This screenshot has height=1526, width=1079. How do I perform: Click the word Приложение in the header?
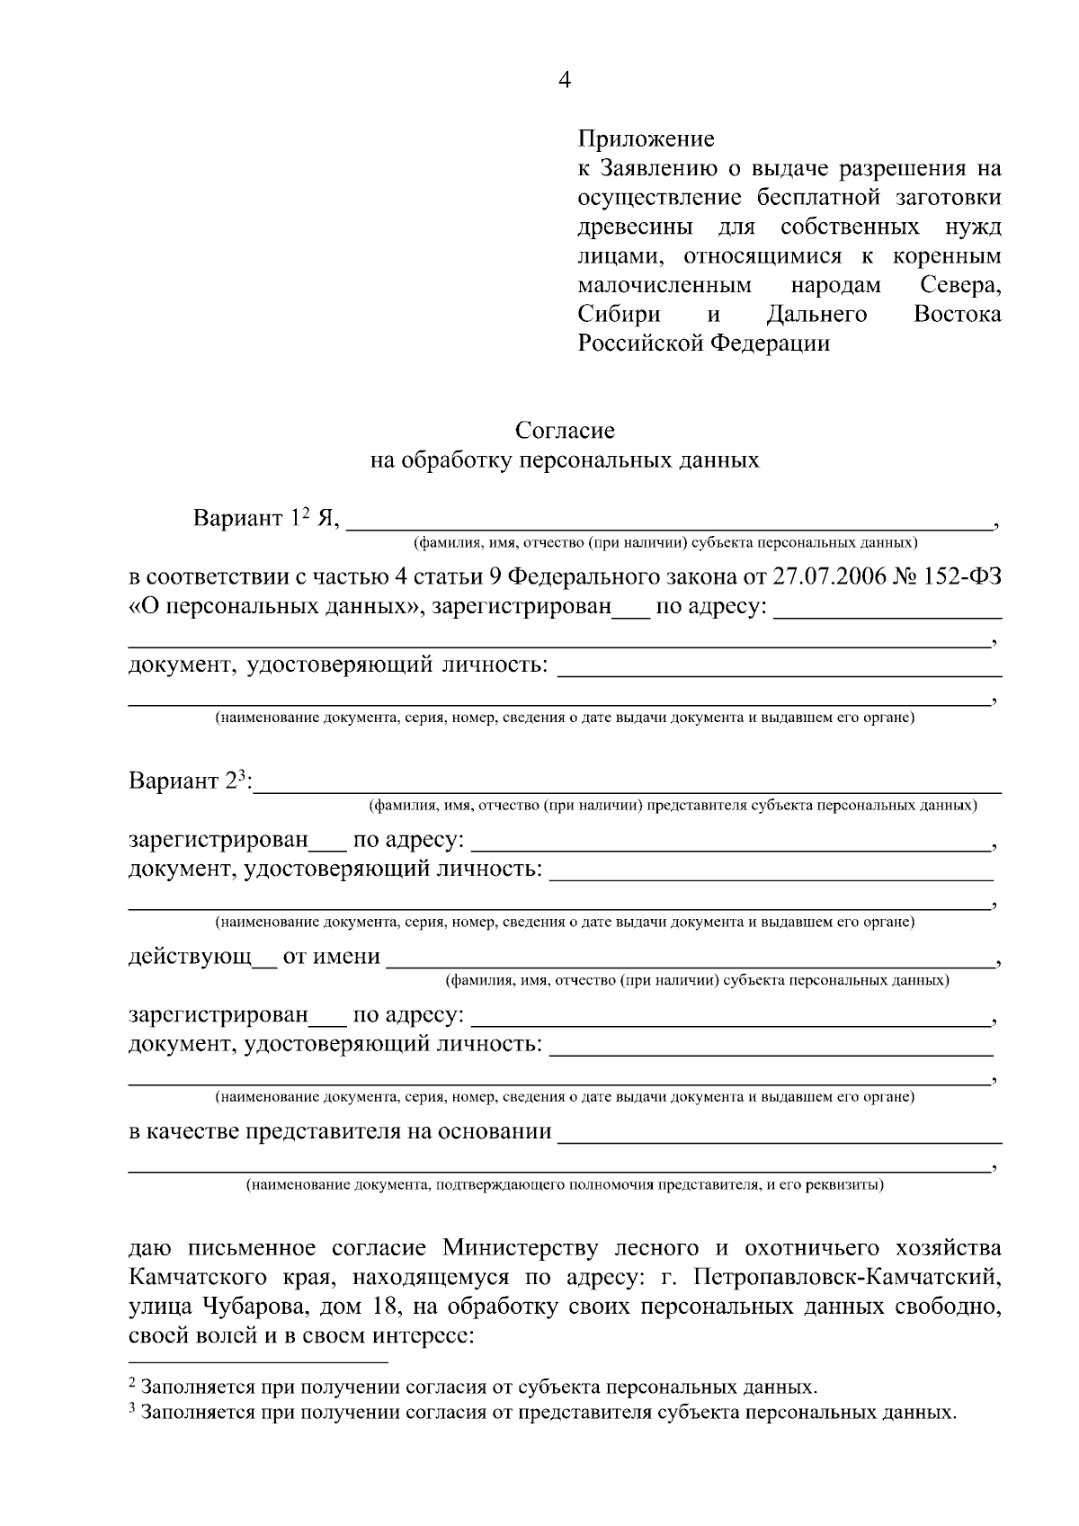(646, 138)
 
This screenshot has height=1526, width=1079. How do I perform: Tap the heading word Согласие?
(565, 431)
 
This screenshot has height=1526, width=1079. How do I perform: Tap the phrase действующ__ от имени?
(254, 956)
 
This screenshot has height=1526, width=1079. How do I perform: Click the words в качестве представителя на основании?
(340, 1131)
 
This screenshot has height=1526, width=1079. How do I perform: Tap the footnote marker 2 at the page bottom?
(132, 1381)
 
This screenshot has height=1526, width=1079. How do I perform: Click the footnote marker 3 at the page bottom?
(132, 1408)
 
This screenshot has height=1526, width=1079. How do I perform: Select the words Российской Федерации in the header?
(703, 344)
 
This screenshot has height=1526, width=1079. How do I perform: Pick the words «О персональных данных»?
(276, 607)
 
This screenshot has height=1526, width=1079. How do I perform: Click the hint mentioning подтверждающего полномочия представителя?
(565, 1184)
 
